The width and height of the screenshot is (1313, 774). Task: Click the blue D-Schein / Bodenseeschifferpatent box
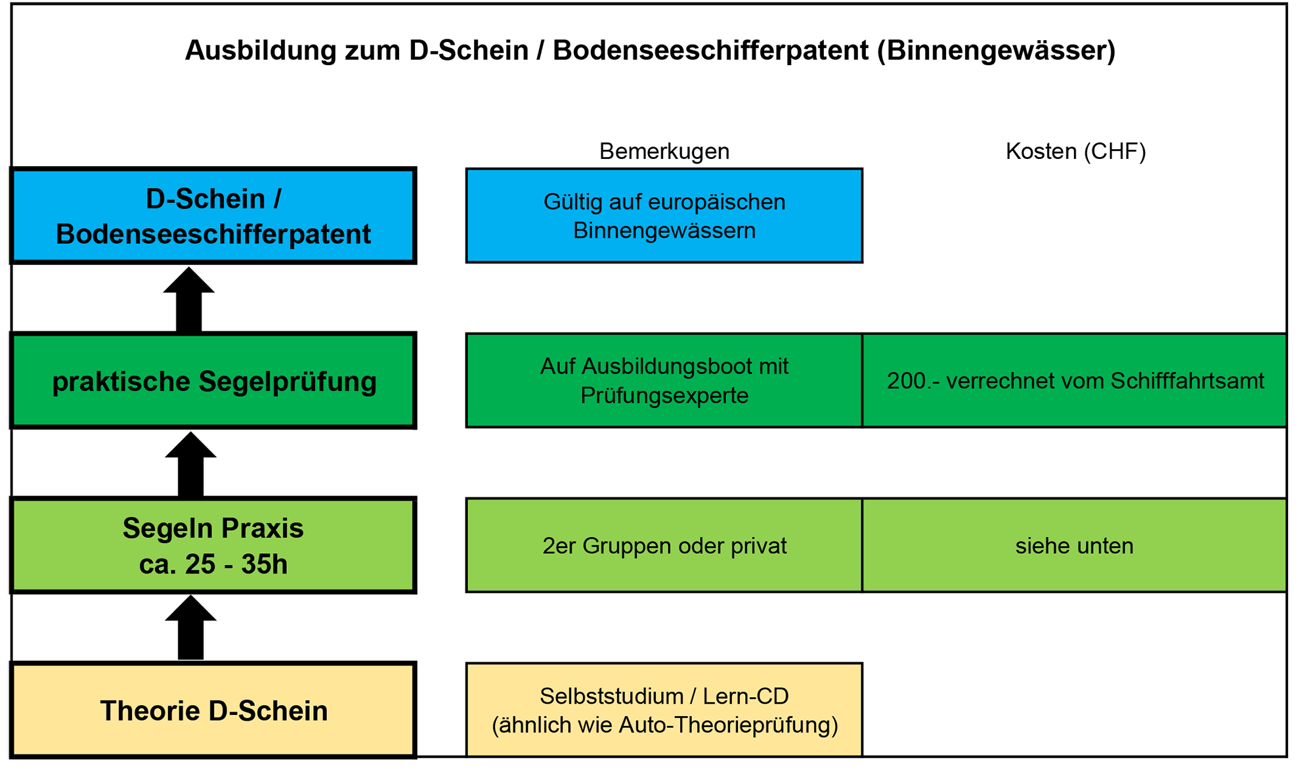coord(213,216)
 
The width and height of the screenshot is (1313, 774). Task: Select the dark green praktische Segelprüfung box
coord(213,381)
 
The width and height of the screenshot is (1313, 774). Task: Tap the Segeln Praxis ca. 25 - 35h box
coord(213,546)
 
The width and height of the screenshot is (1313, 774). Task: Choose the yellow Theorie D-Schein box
coord(213,710)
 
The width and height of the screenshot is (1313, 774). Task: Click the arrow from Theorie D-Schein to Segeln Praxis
coord(190,627)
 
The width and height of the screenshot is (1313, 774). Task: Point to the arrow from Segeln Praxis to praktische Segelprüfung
coord(190,464)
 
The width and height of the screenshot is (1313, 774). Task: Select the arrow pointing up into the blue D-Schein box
coord(189,299)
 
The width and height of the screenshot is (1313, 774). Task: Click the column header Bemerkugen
coord(664,151)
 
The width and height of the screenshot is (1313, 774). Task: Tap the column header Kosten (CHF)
coord(1076,151)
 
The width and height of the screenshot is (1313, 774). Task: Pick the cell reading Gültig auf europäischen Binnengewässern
coord(664,216)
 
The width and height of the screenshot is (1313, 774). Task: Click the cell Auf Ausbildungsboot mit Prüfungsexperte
coord(664,381)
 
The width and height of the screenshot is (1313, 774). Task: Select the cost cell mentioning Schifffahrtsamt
coord(1075,381)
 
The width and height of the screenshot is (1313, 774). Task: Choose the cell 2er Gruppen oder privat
coord(664,546)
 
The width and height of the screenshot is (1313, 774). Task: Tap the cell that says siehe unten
coord(1075,546)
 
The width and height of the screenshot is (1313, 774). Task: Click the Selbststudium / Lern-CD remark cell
coord(664,710)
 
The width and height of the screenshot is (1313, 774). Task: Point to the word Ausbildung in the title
coord(261,51)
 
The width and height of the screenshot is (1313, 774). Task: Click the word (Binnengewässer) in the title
coord(997,51)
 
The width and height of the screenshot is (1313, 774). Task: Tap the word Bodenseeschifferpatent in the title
coord(711,51)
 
